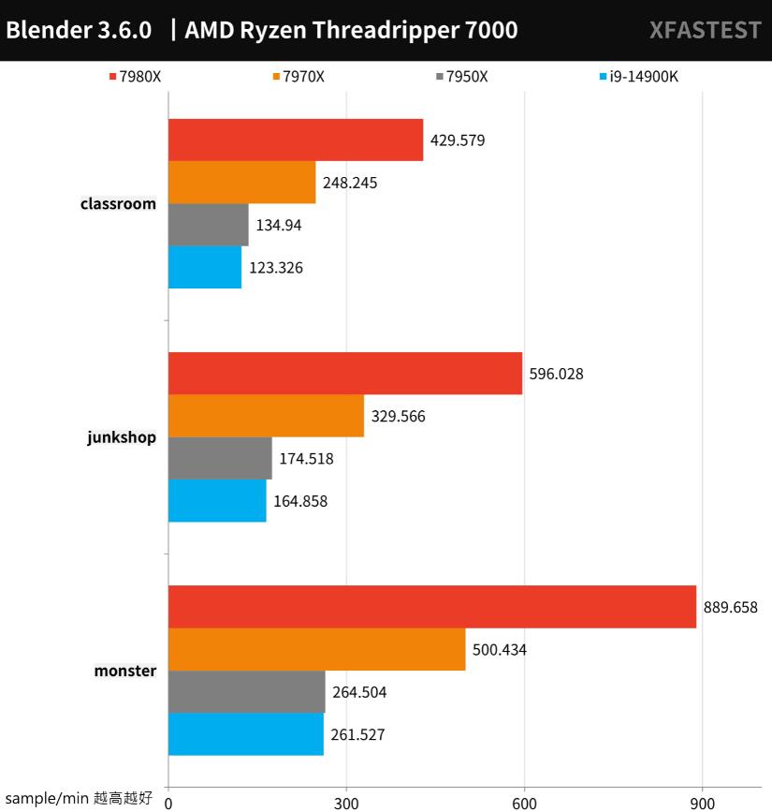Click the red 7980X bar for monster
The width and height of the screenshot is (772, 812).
432,607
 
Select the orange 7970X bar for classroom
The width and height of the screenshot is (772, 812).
242,183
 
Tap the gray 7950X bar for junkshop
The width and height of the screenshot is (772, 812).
220,459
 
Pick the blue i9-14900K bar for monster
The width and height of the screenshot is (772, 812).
246,734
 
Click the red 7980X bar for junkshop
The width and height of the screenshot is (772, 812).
345,374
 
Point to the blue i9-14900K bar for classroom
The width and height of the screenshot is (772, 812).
205,267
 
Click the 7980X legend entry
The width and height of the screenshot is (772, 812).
135,77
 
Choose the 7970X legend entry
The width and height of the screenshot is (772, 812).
299,77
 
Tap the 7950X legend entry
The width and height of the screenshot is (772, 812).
461,77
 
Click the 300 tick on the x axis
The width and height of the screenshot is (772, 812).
346,802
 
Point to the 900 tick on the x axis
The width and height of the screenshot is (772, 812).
702,802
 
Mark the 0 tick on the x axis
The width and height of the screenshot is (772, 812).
168,802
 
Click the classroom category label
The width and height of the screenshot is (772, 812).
118,203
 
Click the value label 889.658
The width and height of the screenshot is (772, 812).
731,608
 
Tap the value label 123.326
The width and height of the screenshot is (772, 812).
276,268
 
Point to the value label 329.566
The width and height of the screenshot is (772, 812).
399,417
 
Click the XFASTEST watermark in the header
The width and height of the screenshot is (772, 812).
705,30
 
